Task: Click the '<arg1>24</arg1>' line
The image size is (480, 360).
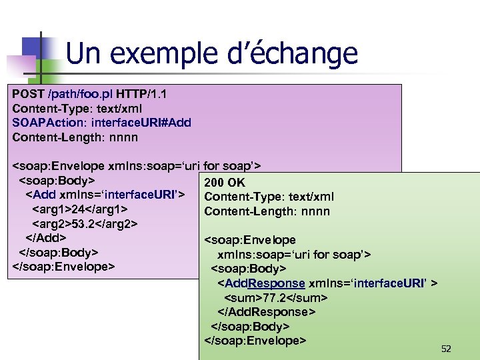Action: (x=80, y=209)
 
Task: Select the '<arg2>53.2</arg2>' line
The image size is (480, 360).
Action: (x=85, y=223)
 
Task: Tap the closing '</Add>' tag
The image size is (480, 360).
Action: (x=45, y=238)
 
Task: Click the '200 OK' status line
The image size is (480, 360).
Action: (x=225, y=183)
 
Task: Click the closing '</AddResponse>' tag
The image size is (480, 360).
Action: (x=267, y=312)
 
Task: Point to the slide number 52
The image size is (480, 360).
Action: (x=446, y=349)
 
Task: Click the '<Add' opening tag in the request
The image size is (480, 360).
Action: (x=41, y=195)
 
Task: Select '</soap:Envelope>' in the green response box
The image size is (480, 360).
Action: (x=255, y=341)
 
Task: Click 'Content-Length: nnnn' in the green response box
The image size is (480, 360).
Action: (x=267, y=212)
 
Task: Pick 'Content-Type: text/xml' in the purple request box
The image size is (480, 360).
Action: (x=77, y=108)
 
